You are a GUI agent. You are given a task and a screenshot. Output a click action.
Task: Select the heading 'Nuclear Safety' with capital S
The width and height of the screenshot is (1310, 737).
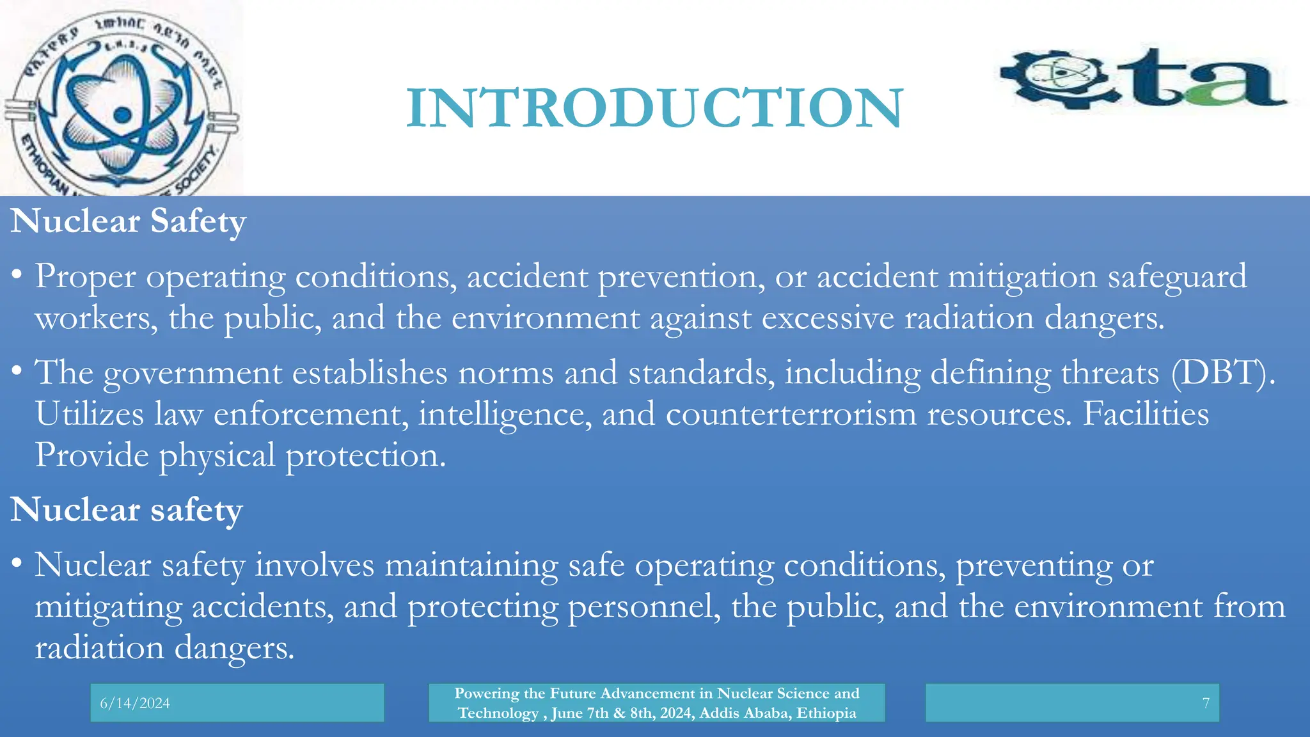point(128,221)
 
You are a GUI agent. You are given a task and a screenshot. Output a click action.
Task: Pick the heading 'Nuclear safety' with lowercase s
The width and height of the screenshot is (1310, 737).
point(127,510)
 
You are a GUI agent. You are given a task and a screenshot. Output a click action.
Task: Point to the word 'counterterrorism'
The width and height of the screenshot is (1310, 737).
point(791,414)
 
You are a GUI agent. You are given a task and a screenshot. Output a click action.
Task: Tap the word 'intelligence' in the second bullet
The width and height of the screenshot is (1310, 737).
point(505,414)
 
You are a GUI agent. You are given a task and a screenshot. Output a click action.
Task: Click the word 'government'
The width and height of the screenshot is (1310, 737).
point(193,372)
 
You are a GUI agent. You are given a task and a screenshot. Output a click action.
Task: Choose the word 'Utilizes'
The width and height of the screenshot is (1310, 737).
point(90,414)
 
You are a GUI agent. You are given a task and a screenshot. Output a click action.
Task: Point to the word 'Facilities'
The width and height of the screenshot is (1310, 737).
point(1146,414)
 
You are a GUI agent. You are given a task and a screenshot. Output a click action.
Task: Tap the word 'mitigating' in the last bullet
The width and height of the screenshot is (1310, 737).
point(108,606)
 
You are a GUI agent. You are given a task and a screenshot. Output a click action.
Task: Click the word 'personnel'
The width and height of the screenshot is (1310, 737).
point(640,606)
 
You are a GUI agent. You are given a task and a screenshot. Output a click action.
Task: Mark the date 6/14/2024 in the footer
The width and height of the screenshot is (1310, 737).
point(135,703)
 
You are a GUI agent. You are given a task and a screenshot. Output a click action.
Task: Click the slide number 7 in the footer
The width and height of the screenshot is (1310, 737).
point(1206,703)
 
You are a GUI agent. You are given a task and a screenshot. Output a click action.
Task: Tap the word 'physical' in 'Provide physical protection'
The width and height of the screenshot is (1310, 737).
point(217,456)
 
